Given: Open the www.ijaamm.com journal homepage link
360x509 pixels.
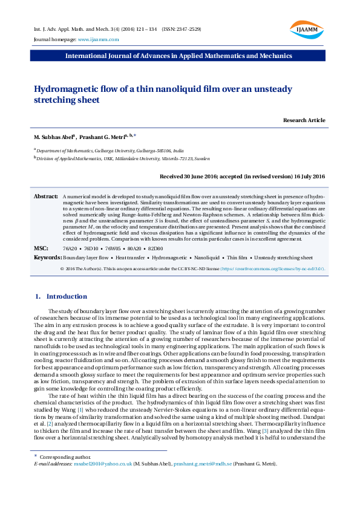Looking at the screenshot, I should [x=98, y=39].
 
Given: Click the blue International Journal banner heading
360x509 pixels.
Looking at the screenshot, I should [x=179, y=56].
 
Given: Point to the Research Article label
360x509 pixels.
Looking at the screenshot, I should [x=304, y=120].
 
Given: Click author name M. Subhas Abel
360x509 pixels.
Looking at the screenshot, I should [x=53, y=137].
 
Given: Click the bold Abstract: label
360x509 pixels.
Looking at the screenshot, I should [x=45, y=197].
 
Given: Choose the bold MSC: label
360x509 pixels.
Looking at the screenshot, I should [x=41, y=248].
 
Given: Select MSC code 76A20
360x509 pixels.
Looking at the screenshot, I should [x=70, y=248].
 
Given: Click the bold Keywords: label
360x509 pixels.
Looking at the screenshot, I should [x=48, y=258].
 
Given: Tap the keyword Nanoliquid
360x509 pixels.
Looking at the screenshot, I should [x=206, y=258].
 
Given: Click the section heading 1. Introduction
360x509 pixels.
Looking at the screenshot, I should [x=61, y=296].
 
